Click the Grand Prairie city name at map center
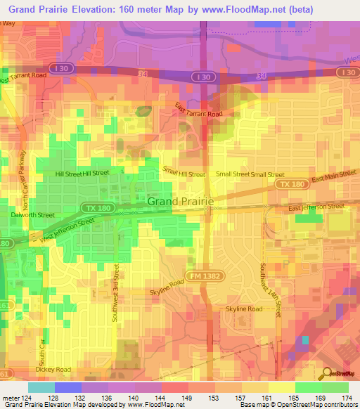(180, 202)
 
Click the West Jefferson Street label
(67, 231)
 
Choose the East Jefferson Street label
(316, 207)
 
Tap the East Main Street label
(326, 181)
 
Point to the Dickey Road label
(53, 369)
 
